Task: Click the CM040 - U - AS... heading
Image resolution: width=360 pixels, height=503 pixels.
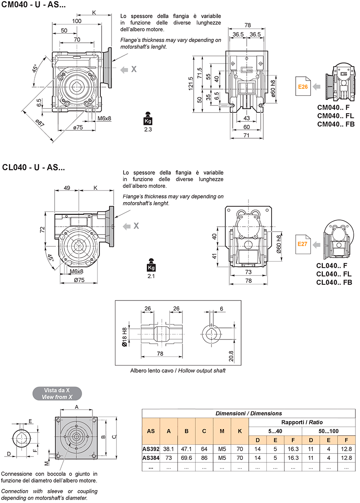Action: coord(34,5)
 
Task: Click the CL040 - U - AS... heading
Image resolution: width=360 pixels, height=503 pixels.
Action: coord(34,168)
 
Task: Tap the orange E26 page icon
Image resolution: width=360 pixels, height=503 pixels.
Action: coord(303,86)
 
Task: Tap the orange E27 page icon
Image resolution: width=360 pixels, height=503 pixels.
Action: coord(303,244)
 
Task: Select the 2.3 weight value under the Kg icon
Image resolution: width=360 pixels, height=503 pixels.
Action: coord(148,129)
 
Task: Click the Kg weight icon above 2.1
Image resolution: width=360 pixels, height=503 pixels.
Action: coord(151,265)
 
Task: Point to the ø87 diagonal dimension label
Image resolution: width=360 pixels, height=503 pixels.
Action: coord(40,123)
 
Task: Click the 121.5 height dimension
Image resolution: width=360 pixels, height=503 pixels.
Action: coord(191,84)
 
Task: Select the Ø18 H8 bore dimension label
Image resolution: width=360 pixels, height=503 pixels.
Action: coord(124,337)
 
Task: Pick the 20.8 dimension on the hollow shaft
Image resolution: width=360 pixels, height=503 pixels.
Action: coord(231,356)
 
